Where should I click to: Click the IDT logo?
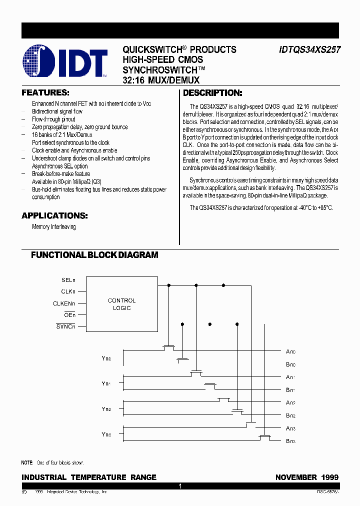(65, 62)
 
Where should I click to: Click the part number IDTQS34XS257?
(308, 50)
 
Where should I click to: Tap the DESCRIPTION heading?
(212, 93)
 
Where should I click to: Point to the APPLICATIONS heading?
(54, 216)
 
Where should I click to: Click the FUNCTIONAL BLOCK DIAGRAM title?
(94, 255)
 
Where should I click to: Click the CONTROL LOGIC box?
(122, 304)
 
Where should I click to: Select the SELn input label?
(68, 280)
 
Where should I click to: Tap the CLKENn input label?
(64, 303)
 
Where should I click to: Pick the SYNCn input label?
(66, 326)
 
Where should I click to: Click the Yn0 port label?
(106, 358)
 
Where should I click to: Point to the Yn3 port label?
(106, 434)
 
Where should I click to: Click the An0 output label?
(290, 352)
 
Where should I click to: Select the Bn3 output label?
(290, 441)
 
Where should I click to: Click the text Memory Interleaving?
(54, 227)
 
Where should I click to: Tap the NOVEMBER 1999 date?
(306, 477)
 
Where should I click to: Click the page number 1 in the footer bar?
(180, 486)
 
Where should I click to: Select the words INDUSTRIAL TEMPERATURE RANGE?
(89, 477)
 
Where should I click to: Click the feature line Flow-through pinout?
(53, 119)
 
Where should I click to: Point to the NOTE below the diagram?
(52, 463)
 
